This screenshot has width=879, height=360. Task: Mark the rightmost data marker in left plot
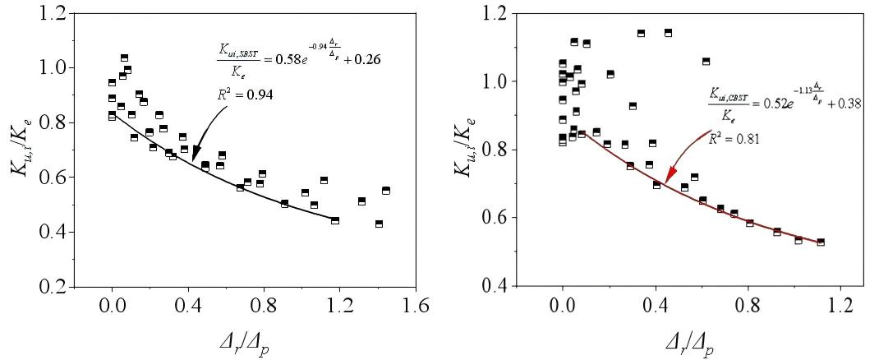pos(385,191)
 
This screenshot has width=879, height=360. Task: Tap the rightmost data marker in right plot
pos(820,242)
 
